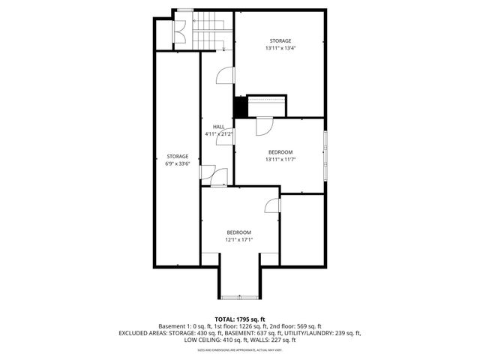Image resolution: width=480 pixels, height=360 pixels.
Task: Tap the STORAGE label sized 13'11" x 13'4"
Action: (x=280, y=40)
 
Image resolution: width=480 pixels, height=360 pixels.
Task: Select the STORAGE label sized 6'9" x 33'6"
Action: (x=178, y=156)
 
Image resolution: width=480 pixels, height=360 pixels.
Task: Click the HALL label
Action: (x=218, y=127)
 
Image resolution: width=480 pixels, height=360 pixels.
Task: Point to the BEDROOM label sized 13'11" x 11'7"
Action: (x=280, y=151)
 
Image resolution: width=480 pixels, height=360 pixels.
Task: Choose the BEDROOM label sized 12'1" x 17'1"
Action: (x=239, y=232)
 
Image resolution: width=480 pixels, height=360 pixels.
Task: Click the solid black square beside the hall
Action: (x=240, y=107)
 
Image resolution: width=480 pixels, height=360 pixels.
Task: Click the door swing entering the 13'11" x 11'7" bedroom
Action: (x=264, y=127)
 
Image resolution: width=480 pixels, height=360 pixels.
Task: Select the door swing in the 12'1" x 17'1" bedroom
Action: (x=271, y=205)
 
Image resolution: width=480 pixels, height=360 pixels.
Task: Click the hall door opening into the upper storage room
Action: (x=223, y=76)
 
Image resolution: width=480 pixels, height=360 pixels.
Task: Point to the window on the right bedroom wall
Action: (x=325, y=156)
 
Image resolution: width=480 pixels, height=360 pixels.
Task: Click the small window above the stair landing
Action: (x=183, y=10)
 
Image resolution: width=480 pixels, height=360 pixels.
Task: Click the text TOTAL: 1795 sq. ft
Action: (x=240, y=319)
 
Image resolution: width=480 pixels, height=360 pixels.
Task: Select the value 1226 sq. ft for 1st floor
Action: (x=253, y=326)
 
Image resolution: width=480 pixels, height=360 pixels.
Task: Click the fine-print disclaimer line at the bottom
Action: (x=240, y=349)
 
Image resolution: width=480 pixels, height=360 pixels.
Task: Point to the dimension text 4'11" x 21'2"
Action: (x=218, y=133)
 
